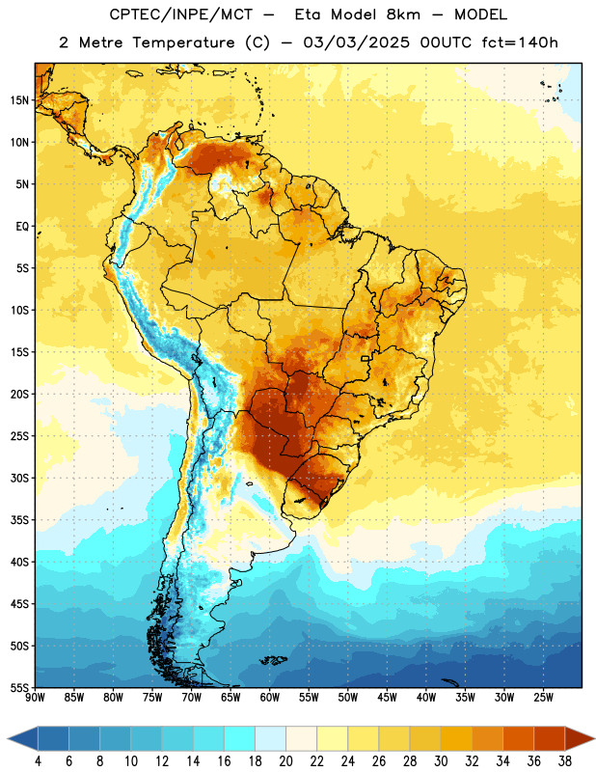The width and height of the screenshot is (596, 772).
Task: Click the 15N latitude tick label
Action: (19, 100)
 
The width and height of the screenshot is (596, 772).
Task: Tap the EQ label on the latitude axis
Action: (22, 227)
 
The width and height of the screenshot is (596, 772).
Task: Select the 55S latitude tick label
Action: (19, 687)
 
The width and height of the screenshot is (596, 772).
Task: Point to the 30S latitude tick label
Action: (19, 478)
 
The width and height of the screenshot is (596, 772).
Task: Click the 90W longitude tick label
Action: (35, 697)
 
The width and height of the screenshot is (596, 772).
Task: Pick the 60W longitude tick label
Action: (270, 697)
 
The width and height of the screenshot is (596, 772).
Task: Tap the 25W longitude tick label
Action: (543, 697)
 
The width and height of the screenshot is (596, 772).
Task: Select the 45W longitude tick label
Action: (387, 697)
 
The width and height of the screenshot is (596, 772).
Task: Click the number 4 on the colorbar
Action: (38, 761)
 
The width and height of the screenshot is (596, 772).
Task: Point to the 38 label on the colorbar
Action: (564, 761)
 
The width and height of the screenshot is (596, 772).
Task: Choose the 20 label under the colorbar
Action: (285, 761)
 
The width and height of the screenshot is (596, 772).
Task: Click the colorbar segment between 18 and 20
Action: (270, 738)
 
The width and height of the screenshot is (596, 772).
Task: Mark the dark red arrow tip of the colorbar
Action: (594, 738)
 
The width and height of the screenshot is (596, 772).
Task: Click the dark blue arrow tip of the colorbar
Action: (8, 738)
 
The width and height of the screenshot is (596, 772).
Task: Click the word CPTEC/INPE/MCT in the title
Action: (181, 14)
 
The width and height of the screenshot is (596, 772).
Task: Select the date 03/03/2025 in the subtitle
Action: (356, 42)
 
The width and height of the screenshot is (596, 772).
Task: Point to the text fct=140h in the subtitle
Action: (520, 42)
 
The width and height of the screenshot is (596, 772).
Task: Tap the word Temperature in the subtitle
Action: (183, 43)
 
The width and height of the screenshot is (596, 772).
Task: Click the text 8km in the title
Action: (403, 14)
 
